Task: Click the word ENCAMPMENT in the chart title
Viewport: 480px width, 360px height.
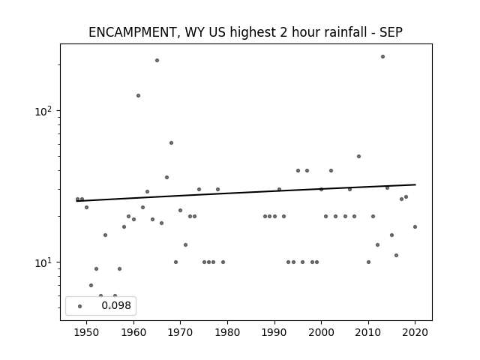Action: [x=133, y=32]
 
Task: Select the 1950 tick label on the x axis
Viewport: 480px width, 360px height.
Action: [x=87, y=332]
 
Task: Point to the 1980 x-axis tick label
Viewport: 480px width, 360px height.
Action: [x=227, y=332]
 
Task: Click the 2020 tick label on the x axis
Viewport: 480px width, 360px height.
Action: [x=415, y=332]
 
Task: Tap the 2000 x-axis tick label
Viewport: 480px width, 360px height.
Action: [x=321, y=332]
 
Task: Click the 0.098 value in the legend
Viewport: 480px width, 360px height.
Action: [x=116, y=305]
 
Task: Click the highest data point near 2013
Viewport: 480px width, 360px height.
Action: [x=382, y=57]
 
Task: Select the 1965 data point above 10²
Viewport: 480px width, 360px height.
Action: [x=157, y=60]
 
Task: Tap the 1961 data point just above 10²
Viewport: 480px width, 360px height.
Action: [x=138, y=95]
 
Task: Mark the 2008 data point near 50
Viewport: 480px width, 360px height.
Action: [x=358, y=157]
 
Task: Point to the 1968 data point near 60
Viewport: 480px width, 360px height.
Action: [x=171, y=143]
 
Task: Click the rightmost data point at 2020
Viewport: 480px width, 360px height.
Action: [x=415, y=226]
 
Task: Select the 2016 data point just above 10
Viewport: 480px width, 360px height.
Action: [x=397, y=255]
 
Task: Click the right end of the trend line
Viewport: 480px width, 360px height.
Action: [x=415, y=184]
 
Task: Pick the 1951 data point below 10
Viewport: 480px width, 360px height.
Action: [x=91, y=285]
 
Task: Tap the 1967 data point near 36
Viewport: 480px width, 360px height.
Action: [x=166, y=177]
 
